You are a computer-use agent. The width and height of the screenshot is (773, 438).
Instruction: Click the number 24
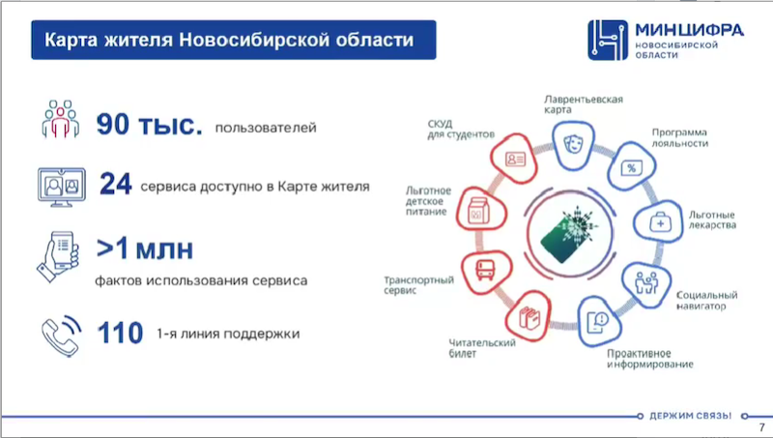click(x=115, y=185)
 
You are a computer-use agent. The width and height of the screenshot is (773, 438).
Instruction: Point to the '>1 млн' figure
click(x=145, y=249)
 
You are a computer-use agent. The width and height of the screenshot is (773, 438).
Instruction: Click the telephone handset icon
click(x=60, y=334)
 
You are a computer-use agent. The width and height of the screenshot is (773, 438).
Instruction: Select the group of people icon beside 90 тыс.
click(x=59, y=120)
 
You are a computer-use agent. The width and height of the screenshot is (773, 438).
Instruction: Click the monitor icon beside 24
click(x=60, y=184)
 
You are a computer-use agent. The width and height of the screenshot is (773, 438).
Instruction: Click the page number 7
click(x=759, y=427)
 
